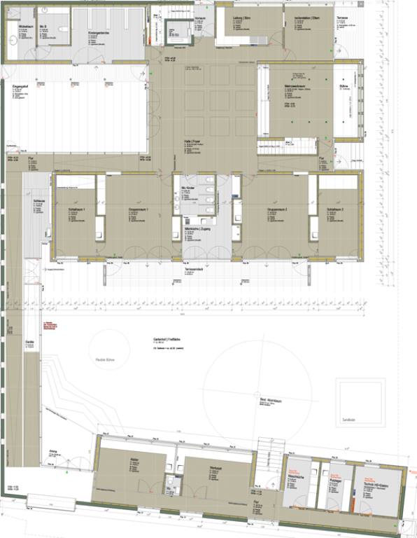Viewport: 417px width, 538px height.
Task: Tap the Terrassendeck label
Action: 194,270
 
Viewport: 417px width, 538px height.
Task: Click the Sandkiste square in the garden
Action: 360,401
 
